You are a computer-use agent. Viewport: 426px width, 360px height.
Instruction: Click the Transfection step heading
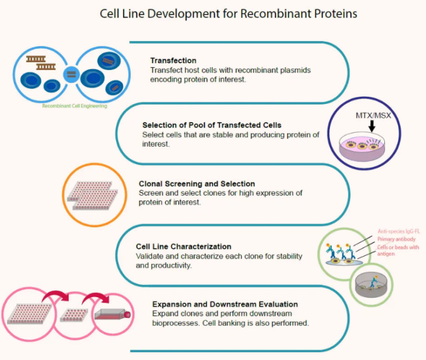(x=173, y=60)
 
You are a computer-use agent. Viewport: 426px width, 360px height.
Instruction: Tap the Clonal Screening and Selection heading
(x=188, y=184)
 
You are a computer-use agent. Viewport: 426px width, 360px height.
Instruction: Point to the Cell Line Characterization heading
(x=184, y=246)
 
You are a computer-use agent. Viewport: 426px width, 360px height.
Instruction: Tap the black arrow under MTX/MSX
(x=369, y=129)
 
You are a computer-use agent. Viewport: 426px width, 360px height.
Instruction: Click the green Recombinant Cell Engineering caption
(x=74, y=106)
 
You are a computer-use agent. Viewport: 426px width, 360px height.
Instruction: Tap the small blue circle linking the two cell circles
(x=71, y=74)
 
